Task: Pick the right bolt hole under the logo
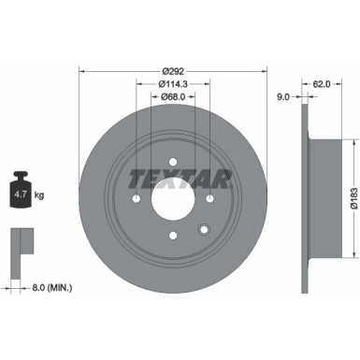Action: (x=209, y=199)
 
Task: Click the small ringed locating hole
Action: (x=203, y=230)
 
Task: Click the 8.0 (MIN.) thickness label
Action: (x=49, y=286)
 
